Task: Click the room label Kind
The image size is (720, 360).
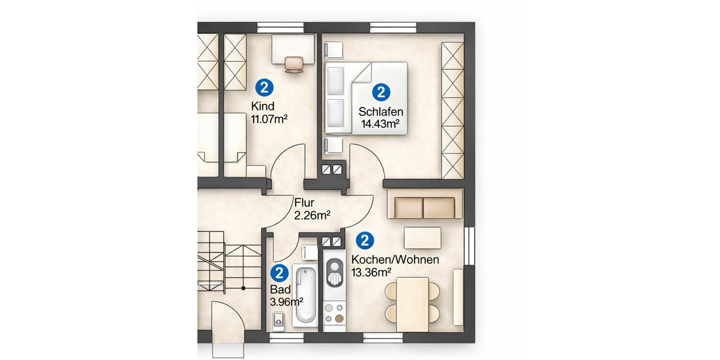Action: (x=262, y=107)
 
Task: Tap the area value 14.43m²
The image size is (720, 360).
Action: (x=380, y=124)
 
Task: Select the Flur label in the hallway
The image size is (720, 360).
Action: (x=304, y=202)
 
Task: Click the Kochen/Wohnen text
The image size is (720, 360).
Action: (x=395, y=260)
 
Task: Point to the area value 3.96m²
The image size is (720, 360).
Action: (x=287, y=301)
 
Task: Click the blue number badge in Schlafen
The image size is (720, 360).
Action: (x=381, y=92)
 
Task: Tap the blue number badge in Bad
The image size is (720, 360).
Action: (x=278, y=274)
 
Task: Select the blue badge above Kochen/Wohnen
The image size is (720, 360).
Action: (x=365, y=241)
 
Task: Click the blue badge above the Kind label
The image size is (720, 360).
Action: (x=264, y=88)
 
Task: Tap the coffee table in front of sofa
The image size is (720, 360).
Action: (x=423, y=238)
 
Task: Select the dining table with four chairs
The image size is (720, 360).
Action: (x=412, y=303)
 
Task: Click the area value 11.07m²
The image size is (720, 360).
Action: (x=269, y=119)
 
